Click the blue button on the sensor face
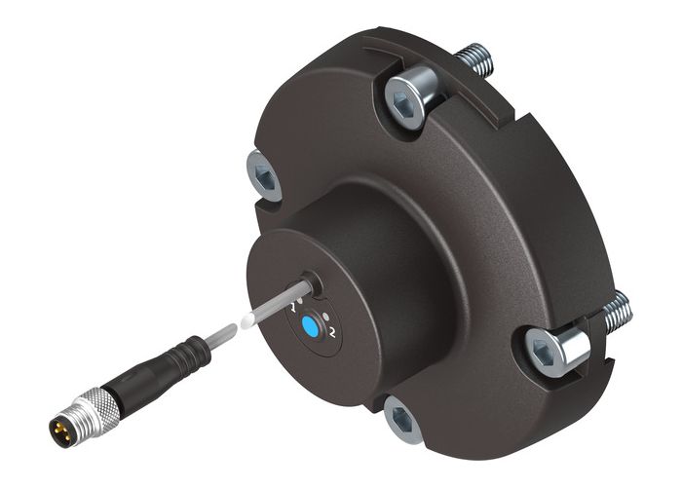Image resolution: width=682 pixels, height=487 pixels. click(x=310, y=326)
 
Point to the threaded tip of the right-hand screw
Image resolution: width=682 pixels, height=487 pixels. click(x=616, y=312)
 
